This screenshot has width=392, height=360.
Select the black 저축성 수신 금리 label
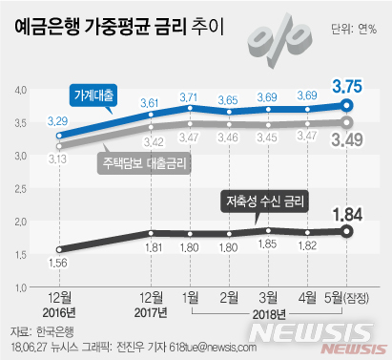point(261,201)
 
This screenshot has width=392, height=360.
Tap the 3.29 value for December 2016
point(58,120)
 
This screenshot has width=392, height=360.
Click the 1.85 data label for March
point(268,218)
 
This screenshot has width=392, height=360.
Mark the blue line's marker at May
point(348,105)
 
